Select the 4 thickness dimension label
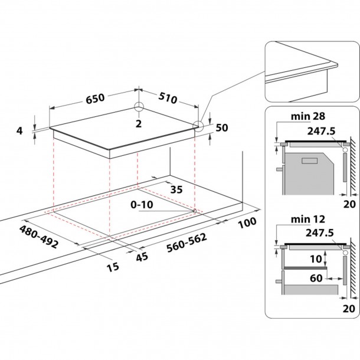point(19,130)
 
